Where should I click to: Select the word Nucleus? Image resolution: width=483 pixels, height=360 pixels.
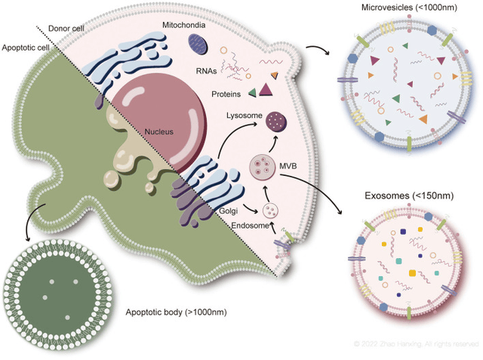(x=161, y=131)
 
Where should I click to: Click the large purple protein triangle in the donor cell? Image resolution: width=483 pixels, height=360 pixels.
(x=266, y=91)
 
